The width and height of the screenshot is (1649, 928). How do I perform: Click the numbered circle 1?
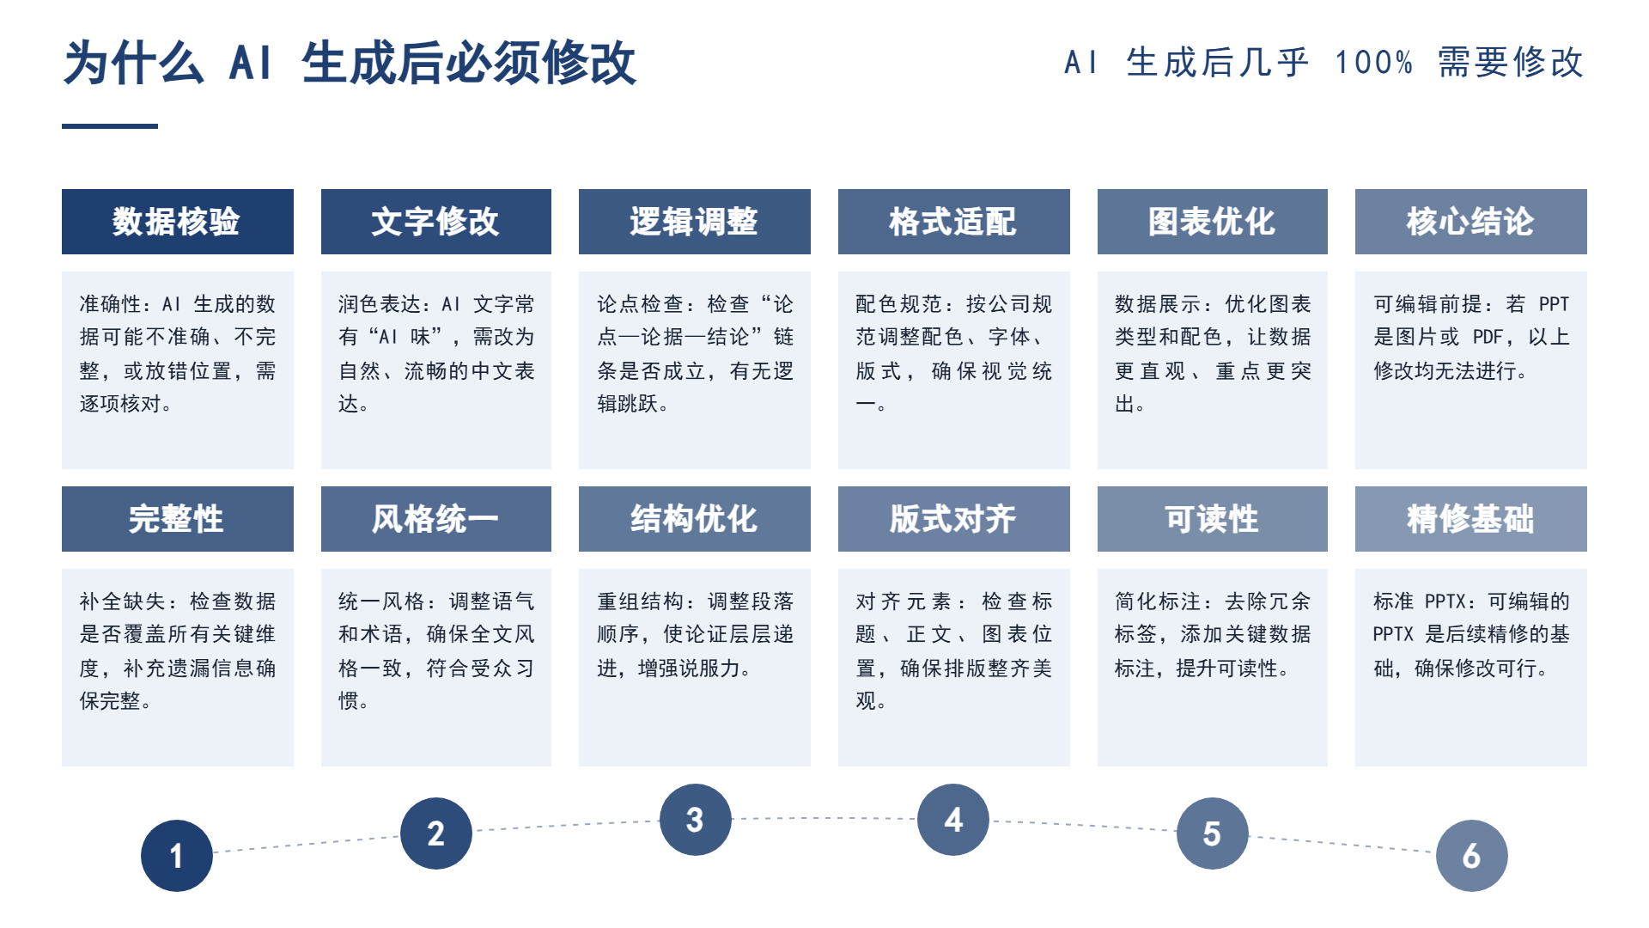(177, 856)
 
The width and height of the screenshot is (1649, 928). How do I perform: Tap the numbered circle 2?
(436, 833)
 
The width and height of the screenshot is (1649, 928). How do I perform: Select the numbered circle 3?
(696, 820)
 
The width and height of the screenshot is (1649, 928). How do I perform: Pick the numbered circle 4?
(953, 820)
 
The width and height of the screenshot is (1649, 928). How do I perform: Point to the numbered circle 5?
(1213, 833)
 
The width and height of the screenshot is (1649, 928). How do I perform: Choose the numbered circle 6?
(1472, 856)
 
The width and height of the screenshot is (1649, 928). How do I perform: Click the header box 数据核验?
(178, 222)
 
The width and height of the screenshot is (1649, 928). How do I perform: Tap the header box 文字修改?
(436, 222)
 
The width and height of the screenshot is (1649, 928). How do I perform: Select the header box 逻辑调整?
(695, 222)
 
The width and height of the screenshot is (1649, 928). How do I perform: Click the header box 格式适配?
(954, 222)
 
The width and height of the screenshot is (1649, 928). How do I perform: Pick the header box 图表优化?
(1213, 222)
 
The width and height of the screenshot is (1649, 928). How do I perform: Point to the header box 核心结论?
(1471, 222)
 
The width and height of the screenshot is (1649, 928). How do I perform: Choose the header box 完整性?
(178, 519)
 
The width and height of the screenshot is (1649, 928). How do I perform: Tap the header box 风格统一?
(436, 519)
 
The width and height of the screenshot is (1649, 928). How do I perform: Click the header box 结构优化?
(695, 519)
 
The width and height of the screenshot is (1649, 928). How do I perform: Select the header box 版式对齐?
(954, 519)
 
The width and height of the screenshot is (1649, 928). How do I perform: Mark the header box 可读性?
(1213, 519)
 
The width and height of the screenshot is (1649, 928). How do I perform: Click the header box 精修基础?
(1471, 519)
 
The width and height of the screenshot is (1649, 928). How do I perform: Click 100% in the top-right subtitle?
(1374, 63)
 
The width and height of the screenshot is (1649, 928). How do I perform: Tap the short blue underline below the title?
(110, 126)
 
